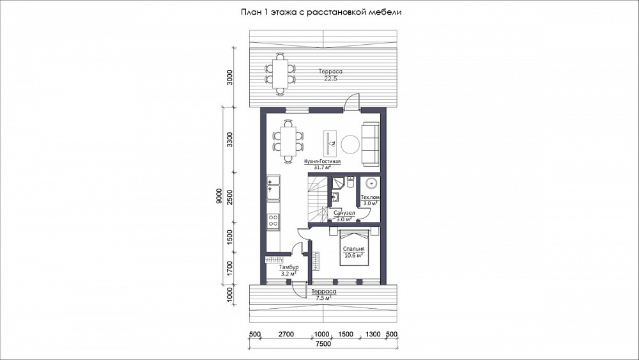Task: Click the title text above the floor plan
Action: tap(321, 12)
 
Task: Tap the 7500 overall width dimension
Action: tap(323, 343)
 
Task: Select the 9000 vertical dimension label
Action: tap(219, 196)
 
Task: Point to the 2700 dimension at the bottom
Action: tap(286, 334)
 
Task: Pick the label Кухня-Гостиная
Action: tap(322, 161)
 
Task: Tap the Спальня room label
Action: tap(354, 249)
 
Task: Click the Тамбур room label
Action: tap(289, 267)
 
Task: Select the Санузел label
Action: tap(344, 213)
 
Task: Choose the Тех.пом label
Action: tap(370, 198)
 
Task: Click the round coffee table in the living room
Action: tap(350, 144)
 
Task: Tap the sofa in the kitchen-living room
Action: tap(370, 144)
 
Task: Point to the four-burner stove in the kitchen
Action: tap(273, 221)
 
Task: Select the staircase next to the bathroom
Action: tap(317, 199)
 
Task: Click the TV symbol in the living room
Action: tap(330, 143)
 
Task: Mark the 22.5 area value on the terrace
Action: tap(330, 79)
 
